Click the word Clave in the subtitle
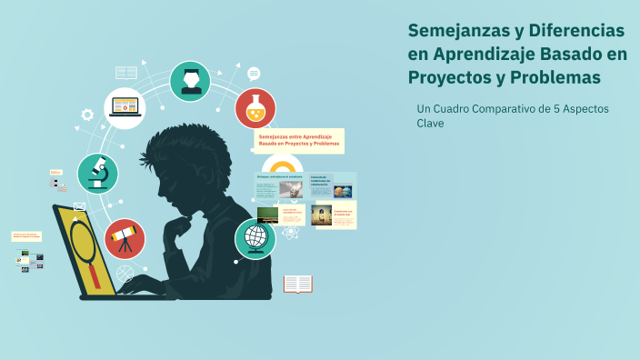tap(430, 124)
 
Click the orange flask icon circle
tap(255, 108)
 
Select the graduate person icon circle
tap(190, 81)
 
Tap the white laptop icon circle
tap(125, 107)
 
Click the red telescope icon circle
tap(125, 238)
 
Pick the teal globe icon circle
tap(255, 238)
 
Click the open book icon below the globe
tap(297, 285)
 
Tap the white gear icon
tap(87, 115)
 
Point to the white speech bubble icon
tap(254, 74)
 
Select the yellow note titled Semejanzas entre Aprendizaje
tap(298, 140)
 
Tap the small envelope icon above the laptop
tap(80, 206)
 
